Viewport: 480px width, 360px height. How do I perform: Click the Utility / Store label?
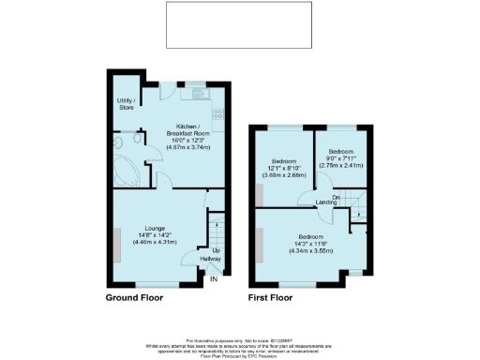[x=126, y=103]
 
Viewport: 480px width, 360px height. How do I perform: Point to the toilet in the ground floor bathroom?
[x=136, y=141]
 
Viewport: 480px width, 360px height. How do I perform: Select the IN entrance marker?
[x=214, y=278]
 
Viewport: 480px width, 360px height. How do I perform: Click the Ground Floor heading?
[x=134, y=297]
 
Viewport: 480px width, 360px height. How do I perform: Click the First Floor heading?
[x=270, y=297]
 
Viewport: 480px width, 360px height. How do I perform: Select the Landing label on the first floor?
[x=326, y=202]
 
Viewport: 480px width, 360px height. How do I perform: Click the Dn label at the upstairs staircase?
[x=334, y=196]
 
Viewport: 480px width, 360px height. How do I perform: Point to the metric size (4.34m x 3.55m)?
[x=311, y=250]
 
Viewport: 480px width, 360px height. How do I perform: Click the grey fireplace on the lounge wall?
[x=117, y=243]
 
